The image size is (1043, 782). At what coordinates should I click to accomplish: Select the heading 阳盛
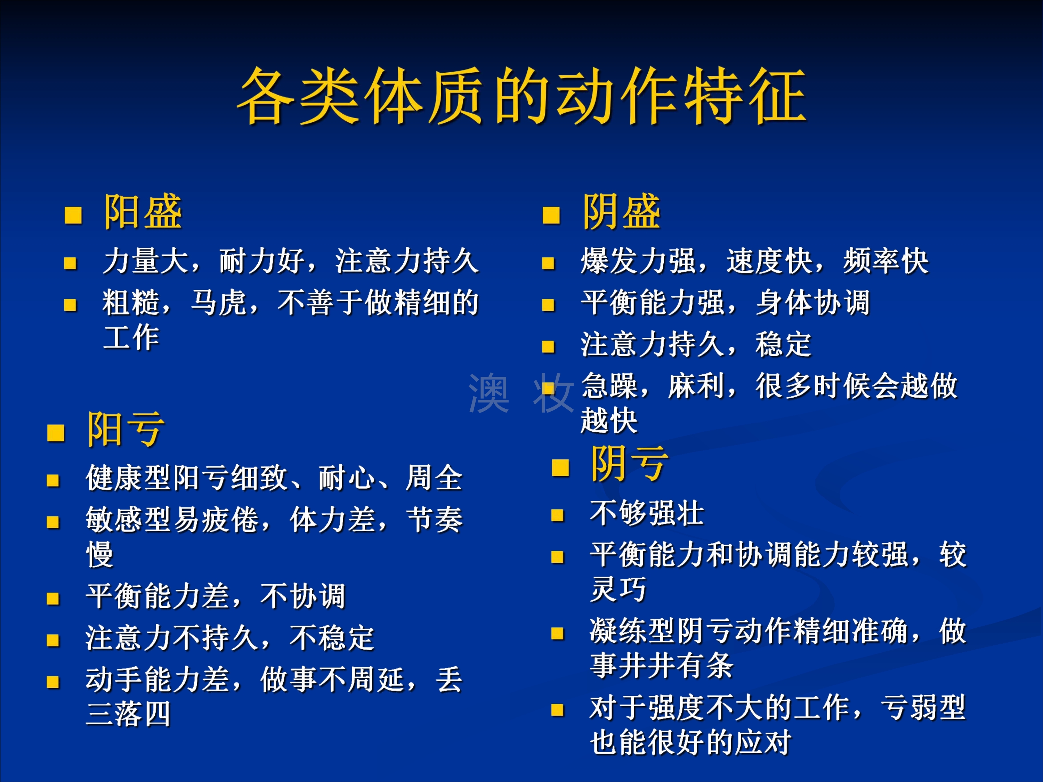pyautogui.click(x=143, y=212)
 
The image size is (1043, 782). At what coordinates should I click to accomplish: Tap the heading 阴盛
pyautogui.click(x=622, y=212)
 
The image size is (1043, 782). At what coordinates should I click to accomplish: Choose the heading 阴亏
pyautogui.click(x=630, y=464)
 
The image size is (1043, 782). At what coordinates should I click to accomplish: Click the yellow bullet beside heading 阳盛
pyautogui.click(x=73, y=215)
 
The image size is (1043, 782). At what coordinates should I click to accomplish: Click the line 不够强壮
pyautogui.click(x=647, y=513)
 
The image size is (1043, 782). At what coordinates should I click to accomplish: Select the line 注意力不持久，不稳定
pyautogui.click(x=229, y=638)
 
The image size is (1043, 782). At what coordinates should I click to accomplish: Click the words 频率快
pyautogui.click(x=886, y=261)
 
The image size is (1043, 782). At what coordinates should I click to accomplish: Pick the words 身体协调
pyautogui.click(x=813, y=302)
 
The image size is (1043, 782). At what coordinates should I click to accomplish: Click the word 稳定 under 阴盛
pyautogui.click(x=784, y=344)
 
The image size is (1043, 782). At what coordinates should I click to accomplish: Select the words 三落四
pyautogui.click(x=128, y=714)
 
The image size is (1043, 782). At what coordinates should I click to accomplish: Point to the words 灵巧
pyautogui.click(x=618, y=589)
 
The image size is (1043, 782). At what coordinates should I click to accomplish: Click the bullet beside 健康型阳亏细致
pyautogui.click(x=53, y=480)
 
